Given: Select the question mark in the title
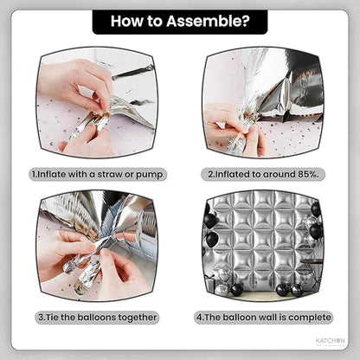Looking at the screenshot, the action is point(246,21).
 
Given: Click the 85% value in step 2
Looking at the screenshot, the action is point(309,174).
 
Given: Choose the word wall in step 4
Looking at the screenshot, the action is point(268,318).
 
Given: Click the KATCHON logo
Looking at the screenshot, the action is point(330,341).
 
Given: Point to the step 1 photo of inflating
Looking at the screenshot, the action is point(98,103).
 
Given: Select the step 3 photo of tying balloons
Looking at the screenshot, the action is point(98,246).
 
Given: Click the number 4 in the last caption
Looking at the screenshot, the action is point(199,318).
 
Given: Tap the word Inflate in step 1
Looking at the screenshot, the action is point(52,175).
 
